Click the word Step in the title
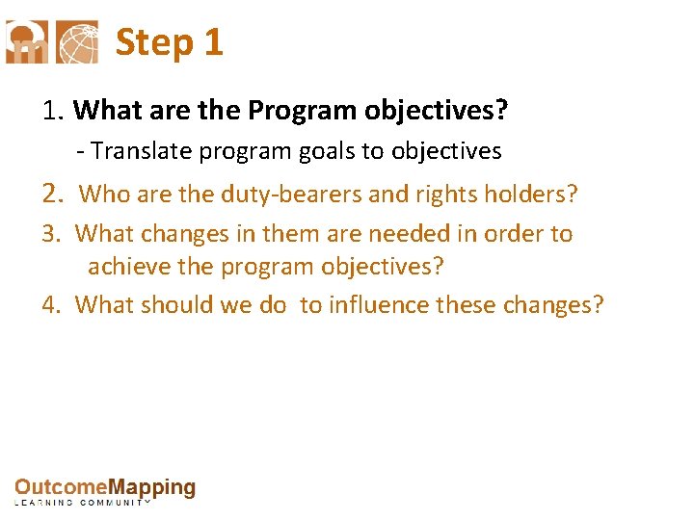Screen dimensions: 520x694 [154, 42]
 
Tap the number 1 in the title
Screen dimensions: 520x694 [213, 42]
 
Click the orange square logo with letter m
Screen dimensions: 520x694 [26, 42]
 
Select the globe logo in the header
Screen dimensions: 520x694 [77, 42]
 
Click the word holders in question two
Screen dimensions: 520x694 [531, 195]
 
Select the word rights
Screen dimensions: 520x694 [447, 195]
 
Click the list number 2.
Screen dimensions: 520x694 [52, 195]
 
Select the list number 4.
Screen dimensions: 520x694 [51, 305]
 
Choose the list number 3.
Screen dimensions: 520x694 [51, 234]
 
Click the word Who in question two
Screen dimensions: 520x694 [99, 195]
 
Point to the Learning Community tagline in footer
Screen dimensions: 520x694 [83, 503]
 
